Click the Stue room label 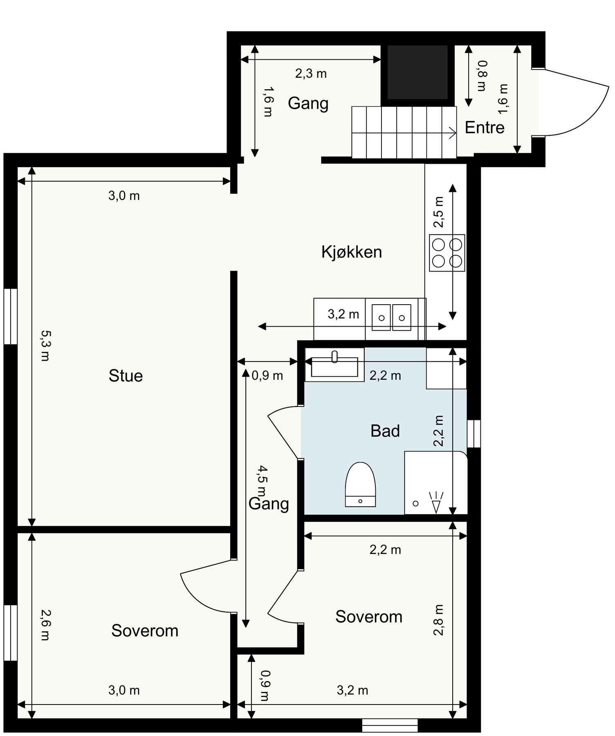point(126,376)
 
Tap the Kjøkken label point(352,252)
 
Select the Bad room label point(385,431)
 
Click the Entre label point(485,128)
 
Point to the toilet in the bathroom point(360,485)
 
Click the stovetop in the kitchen point(447,253)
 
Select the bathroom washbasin point(334,365)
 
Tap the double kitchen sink point(391,317)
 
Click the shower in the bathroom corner point(435,482)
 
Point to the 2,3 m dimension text point(311,74)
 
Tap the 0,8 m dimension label point(483,76)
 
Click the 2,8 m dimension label point(439,620)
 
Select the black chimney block point(417,72)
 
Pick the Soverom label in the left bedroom point(145,631)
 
